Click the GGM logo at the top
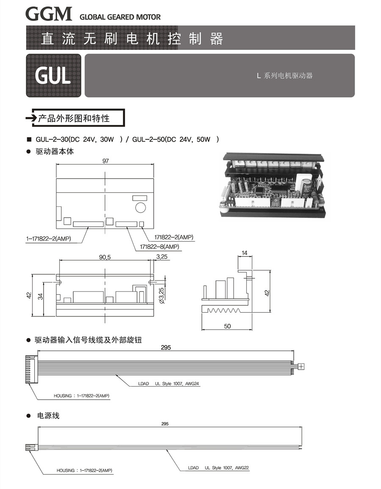[49, 14]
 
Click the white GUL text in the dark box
[53, 76]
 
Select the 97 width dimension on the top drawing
[105, 161]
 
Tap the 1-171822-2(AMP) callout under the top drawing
[49, 239]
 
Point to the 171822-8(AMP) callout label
[160, 247]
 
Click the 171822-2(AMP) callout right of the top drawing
[174, 237]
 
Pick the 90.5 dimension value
[105, 257]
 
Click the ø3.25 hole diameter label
[161, 295]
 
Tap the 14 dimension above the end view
[244, 253]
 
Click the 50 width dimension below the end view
[227, 326]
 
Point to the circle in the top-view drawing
[141, 207]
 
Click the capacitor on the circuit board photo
[307, 186]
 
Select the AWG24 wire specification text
[192, 384]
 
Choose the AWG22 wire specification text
[242, 468]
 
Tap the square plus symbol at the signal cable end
[301, 366]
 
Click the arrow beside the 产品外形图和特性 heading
[32, 118]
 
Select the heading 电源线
[48, 416]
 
